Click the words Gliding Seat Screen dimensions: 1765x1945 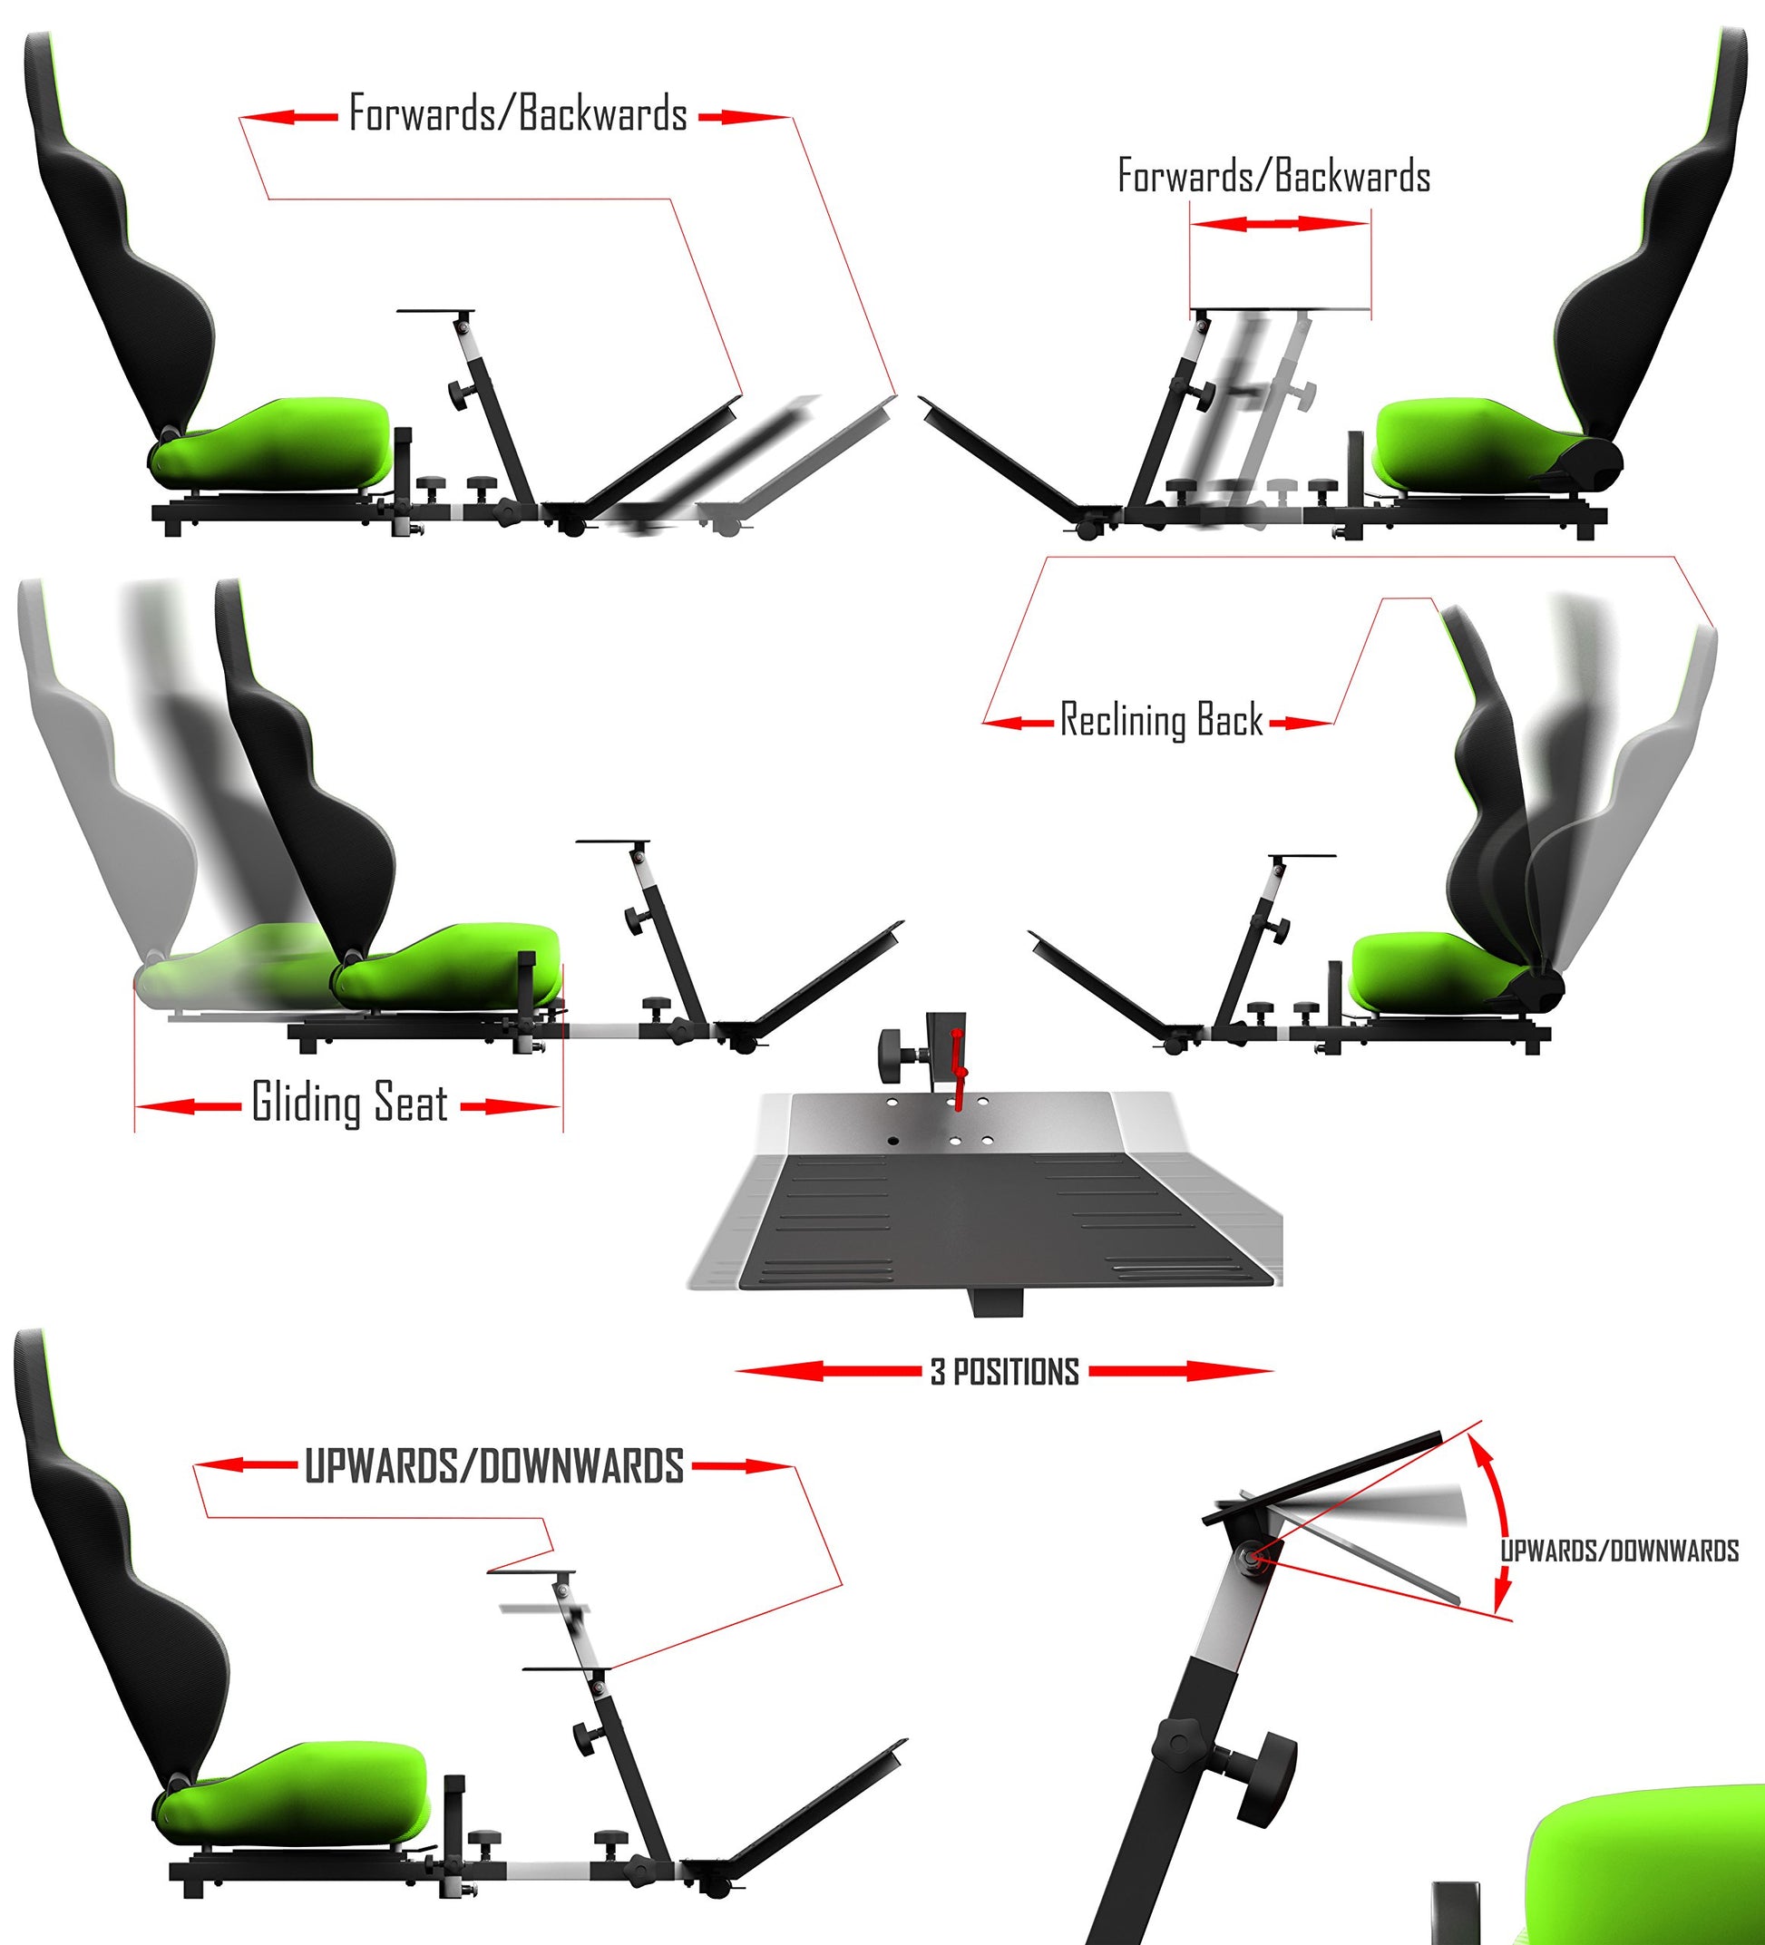tap(349, 1103)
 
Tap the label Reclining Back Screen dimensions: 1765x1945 tap(1161, 720)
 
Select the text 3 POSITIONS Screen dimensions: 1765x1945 tap(1005, 1372)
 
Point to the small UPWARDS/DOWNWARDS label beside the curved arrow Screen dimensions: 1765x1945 tap(1618, 1551)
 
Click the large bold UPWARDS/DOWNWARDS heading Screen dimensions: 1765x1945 tap(494, 1466)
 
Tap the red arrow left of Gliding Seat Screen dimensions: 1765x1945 tap(187, 1105)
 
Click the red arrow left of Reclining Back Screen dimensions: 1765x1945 tap(1017, 722)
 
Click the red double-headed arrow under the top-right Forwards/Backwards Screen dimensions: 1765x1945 tap(1280, 224)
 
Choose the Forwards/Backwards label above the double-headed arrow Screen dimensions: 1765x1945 tap(1273, 176)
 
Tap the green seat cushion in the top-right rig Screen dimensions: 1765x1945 tap(1481, 442)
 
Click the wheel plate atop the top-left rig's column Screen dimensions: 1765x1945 tap(435, 311)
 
